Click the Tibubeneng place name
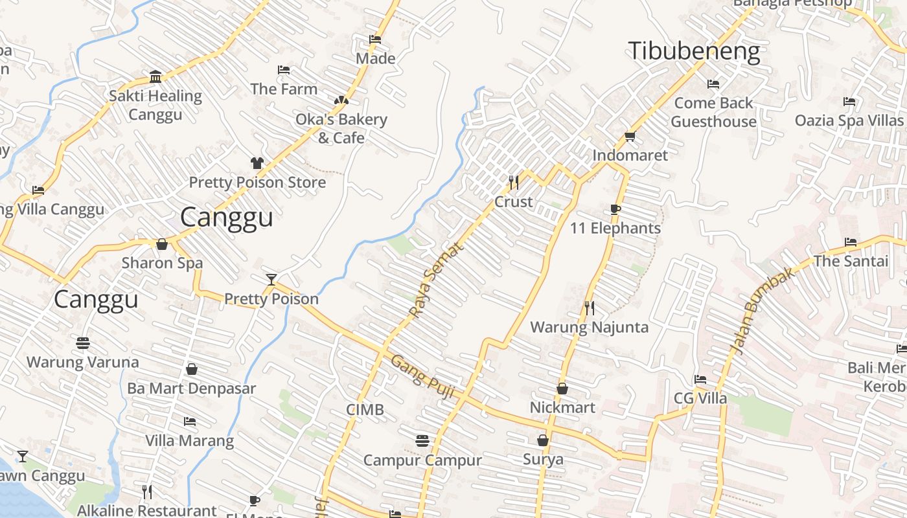tap(694, 51)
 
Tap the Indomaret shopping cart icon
tap(630, 136)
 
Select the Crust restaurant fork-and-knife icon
tap(514, 182)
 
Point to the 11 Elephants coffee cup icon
tap(615, 209)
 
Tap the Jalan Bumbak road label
tap(763, 311)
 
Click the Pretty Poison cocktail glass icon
tap(271, 280)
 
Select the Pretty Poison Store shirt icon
tap(257, 163)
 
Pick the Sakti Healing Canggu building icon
tap(155, 77)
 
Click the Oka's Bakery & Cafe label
tap(341, 128)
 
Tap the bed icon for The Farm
tap(284, 70)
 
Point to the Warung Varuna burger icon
tap(83, 343)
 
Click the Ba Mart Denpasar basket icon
tap(192, 369)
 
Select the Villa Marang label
tap(189, 441)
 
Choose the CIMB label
tap(365, 409)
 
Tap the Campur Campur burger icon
tap(422, 441)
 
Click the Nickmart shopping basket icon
tap(562, 388)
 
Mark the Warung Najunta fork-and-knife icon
tap(589, 308)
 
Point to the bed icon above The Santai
tap(851, 242)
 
